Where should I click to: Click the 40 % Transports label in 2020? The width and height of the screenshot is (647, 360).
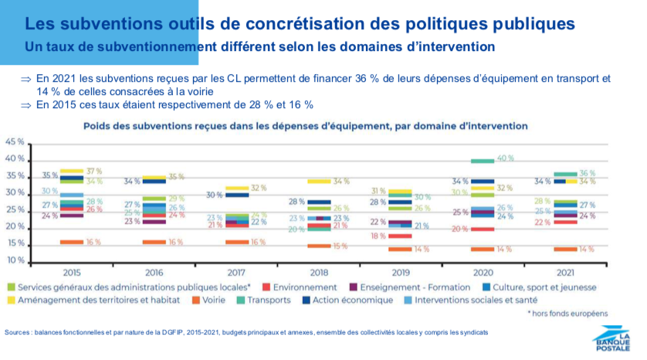[x=506, y=158]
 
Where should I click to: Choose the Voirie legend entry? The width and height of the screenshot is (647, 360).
[x=216, y=299]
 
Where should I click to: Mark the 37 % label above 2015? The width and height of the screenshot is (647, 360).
[x=94, y=171]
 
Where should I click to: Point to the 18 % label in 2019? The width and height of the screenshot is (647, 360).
[x=378, y=236]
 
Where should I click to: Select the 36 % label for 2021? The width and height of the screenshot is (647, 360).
[x=588, y=173]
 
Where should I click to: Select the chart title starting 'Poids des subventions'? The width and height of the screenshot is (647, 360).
[x=300, y=125]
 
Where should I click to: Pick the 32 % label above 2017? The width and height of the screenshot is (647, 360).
[x=258, y=188]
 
